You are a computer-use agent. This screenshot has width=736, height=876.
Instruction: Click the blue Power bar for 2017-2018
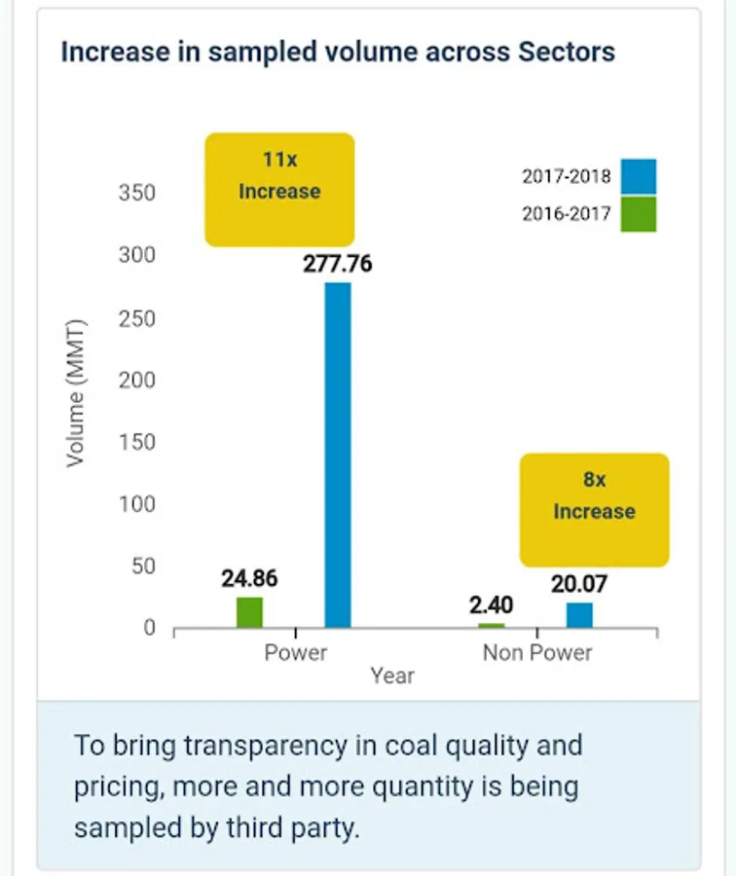337,455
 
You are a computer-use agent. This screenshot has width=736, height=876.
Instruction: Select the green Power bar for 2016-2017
250,612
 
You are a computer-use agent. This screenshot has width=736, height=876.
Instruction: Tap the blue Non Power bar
579,615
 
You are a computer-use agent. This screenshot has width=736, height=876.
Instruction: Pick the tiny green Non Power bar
492,625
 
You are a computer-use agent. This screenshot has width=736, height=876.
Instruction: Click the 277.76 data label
338,264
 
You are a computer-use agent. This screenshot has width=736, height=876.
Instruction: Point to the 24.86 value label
249,578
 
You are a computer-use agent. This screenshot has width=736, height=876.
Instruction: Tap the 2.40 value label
491,605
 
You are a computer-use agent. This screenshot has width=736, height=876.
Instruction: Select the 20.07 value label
579,584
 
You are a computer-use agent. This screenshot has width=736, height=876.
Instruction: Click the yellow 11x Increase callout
279,190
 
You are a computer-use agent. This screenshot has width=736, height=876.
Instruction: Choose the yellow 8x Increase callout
594,509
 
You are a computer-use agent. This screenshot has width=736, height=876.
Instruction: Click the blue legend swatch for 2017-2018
638,177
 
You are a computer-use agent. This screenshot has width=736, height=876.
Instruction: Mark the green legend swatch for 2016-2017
638,214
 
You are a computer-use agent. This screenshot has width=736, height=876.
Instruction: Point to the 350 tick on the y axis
137,193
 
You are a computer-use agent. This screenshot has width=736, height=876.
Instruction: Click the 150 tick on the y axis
137,443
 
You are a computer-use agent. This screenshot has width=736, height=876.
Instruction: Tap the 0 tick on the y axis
150,628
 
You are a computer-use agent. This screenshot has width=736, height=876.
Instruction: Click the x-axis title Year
392,675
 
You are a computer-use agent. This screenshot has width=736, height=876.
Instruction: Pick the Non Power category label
537,652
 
